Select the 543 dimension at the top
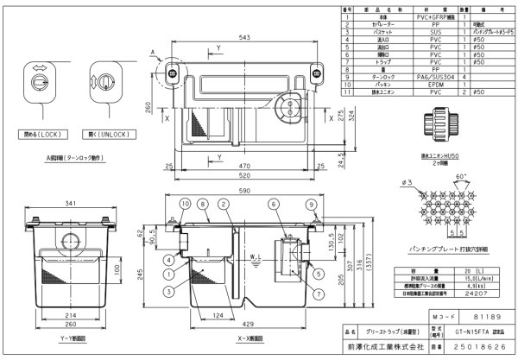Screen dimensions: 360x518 pos(244,37)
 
